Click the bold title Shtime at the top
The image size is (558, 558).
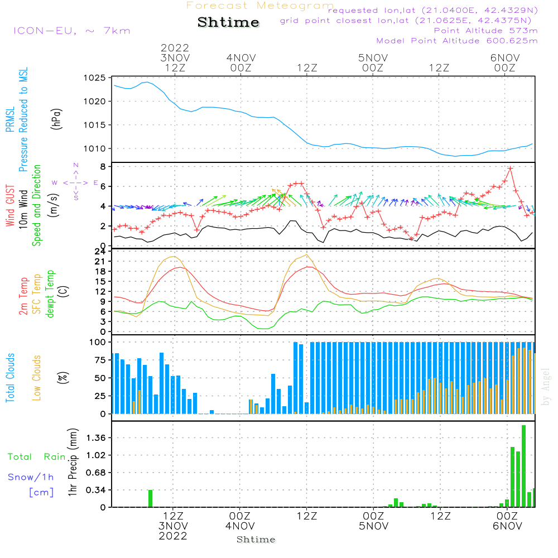[x=229, y=22]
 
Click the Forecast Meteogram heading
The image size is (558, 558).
[x=260, y=6]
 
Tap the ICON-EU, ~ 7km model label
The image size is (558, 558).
[x=71, y=31]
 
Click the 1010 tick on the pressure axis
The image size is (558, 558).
[x=96, y=148]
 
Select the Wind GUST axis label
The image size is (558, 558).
[x=10, y=206]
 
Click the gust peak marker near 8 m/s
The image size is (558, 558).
[x=510, y=168]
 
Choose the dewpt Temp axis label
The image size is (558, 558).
[x=51, y=294]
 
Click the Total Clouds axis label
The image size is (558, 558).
[x=10, y=378]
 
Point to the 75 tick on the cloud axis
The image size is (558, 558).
[x=99, y=360]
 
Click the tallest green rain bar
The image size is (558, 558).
[x=523, y=466]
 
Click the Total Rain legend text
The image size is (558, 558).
[x=36, y=457]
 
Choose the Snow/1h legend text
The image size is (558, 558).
[x=31, y=477]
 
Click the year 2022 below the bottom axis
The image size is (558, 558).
[x=173, y=536]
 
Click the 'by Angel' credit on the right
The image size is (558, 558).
[x=546, y=387]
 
